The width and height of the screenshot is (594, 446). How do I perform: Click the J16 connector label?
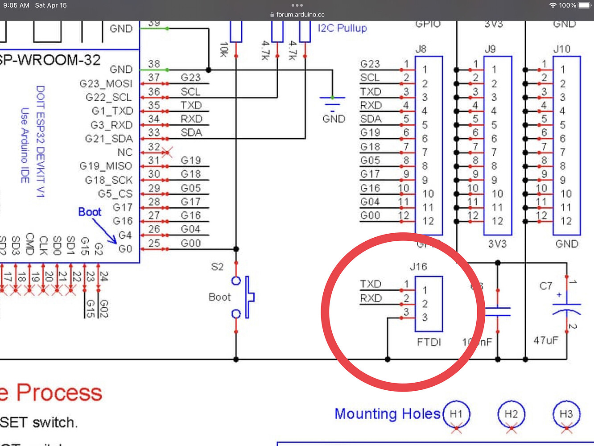pos(418,267)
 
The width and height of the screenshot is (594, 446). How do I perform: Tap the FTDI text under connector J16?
pos(429,342)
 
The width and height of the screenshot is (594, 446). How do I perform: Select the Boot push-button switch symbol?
pos(243,297)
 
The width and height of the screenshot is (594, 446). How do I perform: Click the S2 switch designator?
pos(217,267)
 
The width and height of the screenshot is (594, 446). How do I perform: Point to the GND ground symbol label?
pos(334,119)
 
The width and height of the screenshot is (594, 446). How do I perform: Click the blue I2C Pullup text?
pos(342,28)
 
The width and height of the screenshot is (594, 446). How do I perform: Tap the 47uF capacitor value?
pos(546,340)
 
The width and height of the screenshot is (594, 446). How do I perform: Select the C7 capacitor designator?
pos(546,286)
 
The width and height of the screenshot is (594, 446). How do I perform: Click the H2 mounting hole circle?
pos(511,414)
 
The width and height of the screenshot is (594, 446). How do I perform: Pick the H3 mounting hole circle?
pos(566,414)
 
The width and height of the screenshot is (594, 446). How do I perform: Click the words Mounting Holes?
pos(387,414)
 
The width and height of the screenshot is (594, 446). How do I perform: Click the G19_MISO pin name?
pos(106,166)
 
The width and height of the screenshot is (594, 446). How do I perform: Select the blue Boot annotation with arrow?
pos(90,212)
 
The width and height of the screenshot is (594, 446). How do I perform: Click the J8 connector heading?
pos(421,49)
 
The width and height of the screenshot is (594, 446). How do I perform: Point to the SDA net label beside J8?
pos(371,119)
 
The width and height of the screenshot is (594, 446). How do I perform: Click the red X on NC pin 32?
pos(167,153)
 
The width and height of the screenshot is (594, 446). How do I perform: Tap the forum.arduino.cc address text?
pos(300,15)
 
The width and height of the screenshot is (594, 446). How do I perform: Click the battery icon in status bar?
pos(584,5)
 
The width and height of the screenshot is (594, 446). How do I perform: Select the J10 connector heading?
pos(561,49)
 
